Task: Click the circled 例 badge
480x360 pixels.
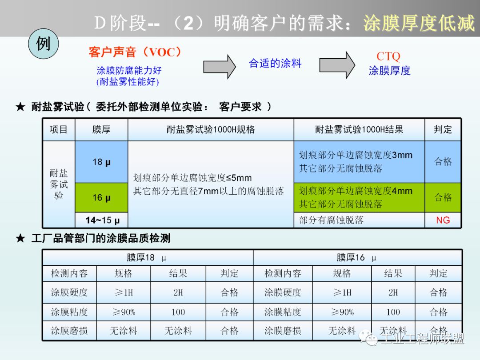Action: coord(43,45)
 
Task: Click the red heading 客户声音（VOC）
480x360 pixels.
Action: coord(136,52)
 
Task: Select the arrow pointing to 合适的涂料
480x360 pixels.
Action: coord(219,66)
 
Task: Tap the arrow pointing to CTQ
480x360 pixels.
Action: coord(337,65)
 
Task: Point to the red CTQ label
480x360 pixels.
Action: coord(388,56)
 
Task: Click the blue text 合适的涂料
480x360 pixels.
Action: coord(275,64)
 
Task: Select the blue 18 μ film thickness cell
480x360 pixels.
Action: coord(101,162)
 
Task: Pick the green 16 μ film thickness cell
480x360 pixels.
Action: coord(101,198)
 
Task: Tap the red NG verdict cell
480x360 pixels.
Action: coord(443,220)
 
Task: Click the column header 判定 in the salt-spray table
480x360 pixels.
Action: coord(443,130)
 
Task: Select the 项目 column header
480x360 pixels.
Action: coord(59,130)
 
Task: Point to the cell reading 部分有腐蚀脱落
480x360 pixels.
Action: coord(331,220)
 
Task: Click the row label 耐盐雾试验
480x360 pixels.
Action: coord(59,184)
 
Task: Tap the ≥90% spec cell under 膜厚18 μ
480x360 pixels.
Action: coord(123,312)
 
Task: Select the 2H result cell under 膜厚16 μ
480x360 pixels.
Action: coord(393,292)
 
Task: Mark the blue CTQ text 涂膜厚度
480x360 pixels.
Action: coord(389,71)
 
